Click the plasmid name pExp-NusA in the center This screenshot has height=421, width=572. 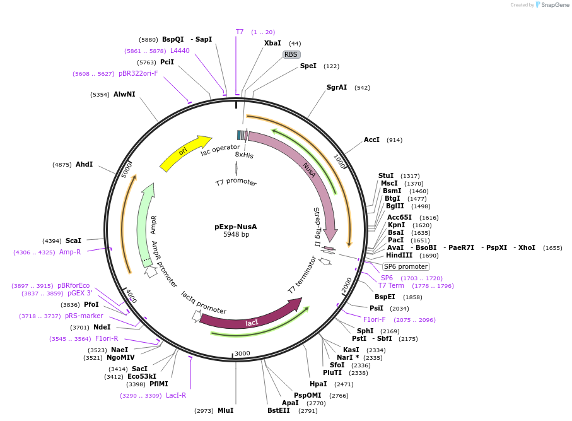click(236, 227)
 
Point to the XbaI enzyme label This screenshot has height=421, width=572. click(272, 43)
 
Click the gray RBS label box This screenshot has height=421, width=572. click(291, 54)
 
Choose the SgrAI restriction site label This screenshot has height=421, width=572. click(337, 87)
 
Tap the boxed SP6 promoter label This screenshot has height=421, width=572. click(406, 266)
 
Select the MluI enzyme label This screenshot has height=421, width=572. click(226, 410)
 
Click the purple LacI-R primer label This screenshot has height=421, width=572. click(176, 396)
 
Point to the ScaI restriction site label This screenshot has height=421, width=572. click(73, 240)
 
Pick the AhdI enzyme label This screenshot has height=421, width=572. click(84, 164)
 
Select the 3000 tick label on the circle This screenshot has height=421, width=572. click(242, 353)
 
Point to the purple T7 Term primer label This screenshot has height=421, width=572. click(391, 285)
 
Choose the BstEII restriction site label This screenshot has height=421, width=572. click(279, 410)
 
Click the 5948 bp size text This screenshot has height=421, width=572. click(236, 235)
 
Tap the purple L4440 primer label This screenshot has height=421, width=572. click(180, 50)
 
